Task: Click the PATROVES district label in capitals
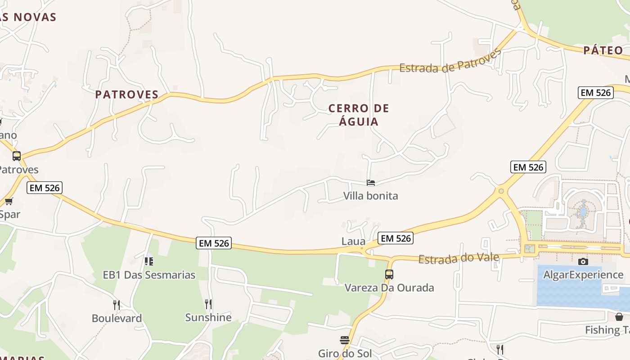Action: click(x=127, y=94)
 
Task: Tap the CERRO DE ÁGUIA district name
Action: click(x=359, y=115)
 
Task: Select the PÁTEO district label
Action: click(x=603, y=50)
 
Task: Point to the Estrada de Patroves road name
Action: click(x=450, y=62)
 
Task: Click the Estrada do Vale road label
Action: click(x=459, y=258)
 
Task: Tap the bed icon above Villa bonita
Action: click(x=371, y=183)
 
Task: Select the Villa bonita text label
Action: click(x=371, y=196)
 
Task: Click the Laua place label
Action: click(x=353, y=241)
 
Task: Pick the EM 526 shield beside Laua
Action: click(x=395, y=238)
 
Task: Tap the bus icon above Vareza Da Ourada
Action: click(x=389, y=274)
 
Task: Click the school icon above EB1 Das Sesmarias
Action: click(x=149, y=261)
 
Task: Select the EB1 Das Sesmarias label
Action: click(x=149, y=274)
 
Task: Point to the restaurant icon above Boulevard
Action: click(x=117, y=305)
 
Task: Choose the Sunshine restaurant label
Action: click(x=208, y=317)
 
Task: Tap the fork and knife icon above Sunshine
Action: click(x=208, y=304)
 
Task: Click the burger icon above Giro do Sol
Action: click(x=345, y=340)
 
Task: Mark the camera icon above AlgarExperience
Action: click(x=583, y=261)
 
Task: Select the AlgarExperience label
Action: click(x=583, y=274)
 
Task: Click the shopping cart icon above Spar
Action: click(x=9, y=201)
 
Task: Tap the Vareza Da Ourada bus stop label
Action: click(x=389, y=288)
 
